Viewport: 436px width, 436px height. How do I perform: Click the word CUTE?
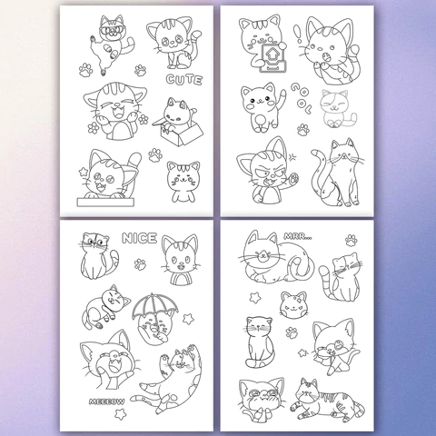(x=184, y=80)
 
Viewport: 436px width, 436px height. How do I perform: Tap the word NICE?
(x=139, y=238)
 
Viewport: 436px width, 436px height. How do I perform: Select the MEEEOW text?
(x=106, y=401)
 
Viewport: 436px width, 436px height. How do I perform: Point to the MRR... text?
(x=298, y=236)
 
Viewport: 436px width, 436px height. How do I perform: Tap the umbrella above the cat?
(x=154, y=308)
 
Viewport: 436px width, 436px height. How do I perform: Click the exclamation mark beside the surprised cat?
(x=300, y=35)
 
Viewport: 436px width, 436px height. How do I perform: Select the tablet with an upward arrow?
(x=272, y=57)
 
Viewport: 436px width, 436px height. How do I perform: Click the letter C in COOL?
(x=296, y=88)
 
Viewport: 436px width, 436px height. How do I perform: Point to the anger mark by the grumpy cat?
(x=292, y=157)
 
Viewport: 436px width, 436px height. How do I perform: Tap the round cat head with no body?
(x=292, y=304)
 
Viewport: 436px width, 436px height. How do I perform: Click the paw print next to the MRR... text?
(x=352, y=241)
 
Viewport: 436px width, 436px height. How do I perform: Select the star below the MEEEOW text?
(x=120, y=414)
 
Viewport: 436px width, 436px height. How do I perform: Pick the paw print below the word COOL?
(x=303, y=130)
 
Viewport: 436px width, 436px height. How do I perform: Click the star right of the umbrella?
(x=188, y=319)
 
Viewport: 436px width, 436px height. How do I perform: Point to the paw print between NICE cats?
(x=140, y=264)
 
